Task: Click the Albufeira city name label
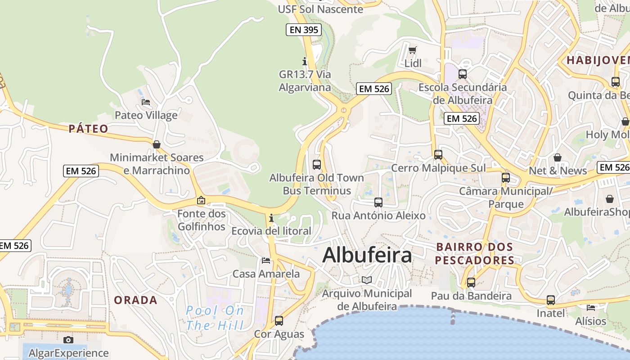click(367, 255)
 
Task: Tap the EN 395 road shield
click(304, 30)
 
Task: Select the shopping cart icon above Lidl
click(413, 50)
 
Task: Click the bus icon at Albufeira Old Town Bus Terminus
click(317, 164)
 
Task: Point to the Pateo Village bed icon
click(146, 102)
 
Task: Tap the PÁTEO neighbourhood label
click(89, 129)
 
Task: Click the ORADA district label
click(135, 300)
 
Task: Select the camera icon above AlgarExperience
click(68, 340)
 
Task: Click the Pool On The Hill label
click(215, 318)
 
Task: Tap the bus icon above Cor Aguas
click(279, 321)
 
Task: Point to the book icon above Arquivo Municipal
click(367, 280)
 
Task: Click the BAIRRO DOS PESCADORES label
click(474, 253)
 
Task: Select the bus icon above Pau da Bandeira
click(471, 283)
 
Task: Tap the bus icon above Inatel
click(550, 300)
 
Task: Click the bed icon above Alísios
click(590, 307)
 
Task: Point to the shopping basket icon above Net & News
click(557, 157)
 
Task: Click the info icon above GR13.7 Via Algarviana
click(305, 61)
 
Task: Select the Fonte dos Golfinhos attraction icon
click(201, 200)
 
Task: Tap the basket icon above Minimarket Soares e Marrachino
click(157, 144)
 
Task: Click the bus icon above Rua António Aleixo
click(378, 202)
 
